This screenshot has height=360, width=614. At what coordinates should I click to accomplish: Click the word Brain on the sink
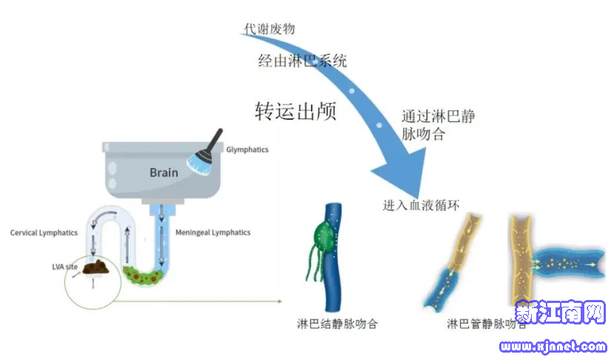tap(164, 172)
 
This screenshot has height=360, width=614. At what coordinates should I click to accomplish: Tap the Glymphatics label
tap(247, 150)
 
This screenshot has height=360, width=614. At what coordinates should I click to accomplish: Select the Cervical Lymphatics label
tap(44, 233)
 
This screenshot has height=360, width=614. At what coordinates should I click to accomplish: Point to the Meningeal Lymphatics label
tap(213, 233)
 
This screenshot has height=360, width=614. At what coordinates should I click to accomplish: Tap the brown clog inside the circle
tap(96, 267)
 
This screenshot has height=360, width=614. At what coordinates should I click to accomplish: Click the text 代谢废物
tap(270, 29)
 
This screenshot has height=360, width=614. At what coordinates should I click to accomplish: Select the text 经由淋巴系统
tap(302, 61)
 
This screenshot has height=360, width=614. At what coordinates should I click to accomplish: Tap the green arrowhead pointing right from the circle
tap(279, 301)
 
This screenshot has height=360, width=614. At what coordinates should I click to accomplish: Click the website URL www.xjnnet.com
tap(553, 346)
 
